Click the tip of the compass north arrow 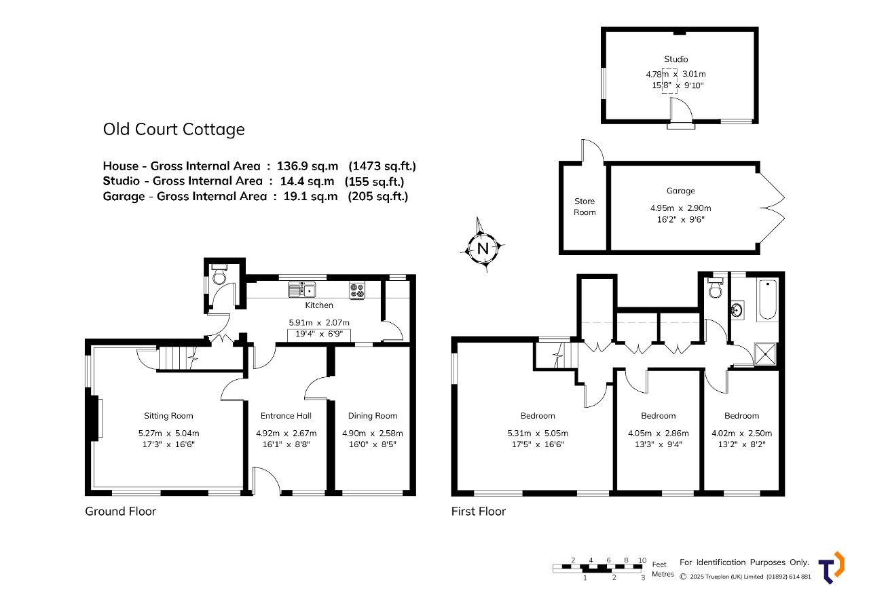(x=477, y=218)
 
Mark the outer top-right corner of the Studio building (x=758, y=27)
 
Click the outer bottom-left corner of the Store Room (x=559, y=254)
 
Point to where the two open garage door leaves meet (x=760, y=208)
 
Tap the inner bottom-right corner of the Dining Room (x=409, y=490)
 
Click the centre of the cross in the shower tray (x=765, y=354)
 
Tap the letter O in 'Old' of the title (x=109, y=130)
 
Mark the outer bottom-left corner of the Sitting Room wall (x=86, y=496)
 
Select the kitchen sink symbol (x=302, y=290)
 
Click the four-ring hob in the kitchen (x=357, y=291)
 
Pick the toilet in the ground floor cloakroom (x=219, y=274)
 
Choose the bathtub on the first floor (x=768, y=299)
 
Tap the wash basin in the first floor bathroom (x=737, y=310)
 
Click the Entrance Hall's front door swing (x=267, y=480)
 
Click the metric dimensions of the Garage (x=681, y=208)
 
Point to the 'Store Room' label (x=585, y=207)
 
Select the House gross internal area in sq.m (x=308, y=166)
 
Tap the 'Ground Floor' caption (x=121, y=512)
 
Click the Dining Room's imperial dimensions (x=373, y=444)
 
